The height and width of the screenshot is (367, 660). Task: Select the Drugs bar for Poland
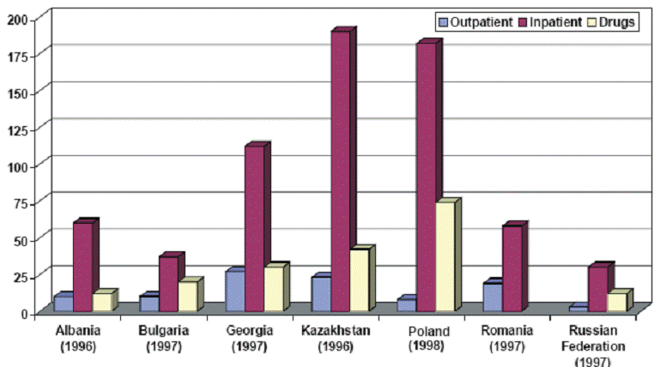(448, 255)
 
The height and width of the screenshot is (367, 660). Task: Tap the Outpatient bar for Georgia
(235, 289)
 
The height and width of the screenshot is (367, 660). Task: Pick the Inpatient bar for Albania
(86, 265)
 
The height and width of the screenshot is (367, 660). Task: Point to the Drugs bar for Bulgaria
(191, 294)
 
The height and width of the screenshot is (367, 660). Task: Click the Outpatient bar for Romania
(493, 295)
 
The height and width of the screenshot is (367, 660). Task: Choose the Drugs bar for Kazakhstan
(362, 278)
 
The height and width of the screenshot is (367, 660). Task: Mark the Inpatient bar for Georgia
(257, 227)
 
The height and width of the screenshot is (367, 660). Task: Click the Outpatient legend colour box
(443, 22)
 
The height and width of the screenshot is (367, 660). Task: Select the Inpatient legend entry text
(555, 22)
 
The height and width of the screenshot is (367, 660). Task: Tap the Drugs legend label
(616, 22)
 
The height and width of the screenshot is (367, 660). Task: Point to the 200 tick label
(18, 20)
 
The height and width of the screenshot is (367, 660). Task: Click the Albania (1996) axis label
(78, 339)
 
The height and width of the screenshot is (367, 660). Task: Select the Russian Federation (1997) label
(593, 346)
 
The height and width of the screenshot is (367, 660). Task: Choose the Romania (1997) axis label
(507, 339)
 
